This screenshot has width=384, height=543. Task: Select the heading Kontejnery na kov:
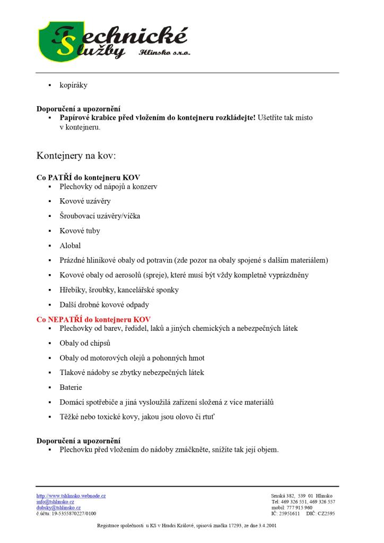(76, 156)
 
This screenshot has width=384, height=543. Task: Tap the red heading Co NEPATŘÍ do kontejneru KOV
(93, 320)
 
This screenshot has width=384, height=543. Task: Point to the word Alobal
(70, 246)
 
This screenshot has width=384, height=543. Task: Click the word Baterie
(71, 388)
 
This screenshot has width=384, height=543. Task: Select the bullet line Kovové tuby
(80, 231)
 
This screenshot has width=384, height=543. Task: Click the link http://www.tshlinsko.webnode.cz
(71, 496)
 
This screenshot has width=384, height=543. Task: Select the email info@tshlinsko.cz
(55, 502)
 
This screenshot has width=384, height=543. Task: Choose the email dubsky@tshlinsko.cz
(58, 507)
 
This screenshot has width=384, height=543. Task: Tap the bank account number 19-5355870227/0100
(73, 513)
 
